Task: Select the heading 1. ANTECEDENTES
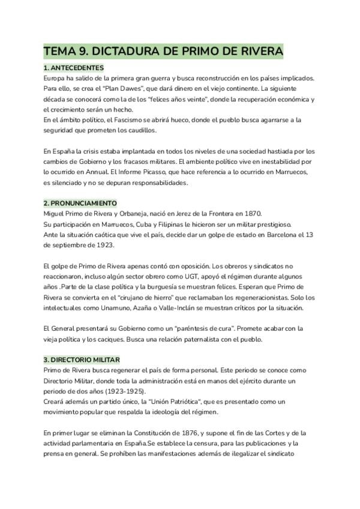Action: [74, 68]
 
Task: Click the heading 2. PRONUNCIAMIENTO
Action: [80, 203]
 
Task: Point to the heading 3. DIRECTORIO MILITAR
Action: [82, 360]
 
